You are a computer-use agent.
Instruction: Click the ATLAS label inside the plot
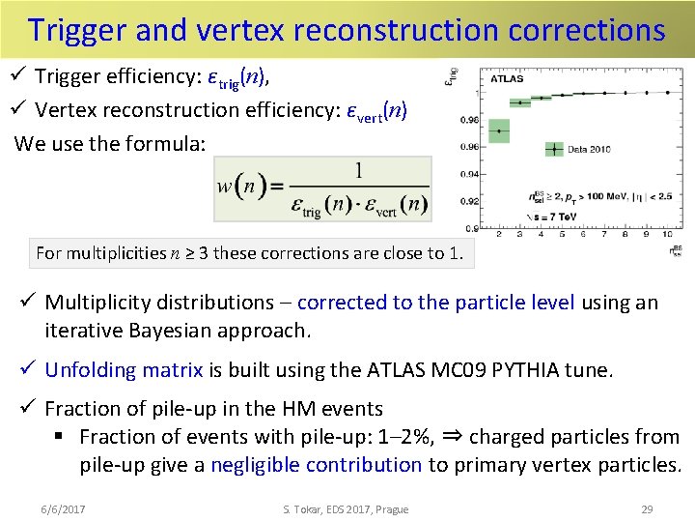(508, 79)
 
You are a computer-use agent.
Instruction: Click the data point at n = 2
(498, 130)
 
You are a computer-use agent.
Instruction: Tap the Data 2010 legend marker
(553, 149)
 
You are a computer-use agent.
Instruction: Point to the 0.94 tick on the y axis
(469, 174)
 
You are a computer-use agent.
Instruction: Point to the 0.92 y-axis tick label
(469, 201)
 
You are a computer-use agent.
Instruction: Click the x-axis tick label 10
(666, 235)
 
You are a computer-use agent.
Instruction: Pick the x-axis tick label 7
(603, 235)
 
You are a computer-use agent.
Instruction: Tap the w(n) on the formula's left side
(237, 187)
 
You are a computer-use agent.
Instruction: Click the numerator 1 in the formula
(360, 171)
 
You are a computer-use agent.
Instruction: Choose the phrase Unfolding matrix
(124, 369)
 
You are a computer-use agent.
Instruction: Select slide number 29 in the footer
(647, 509)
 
